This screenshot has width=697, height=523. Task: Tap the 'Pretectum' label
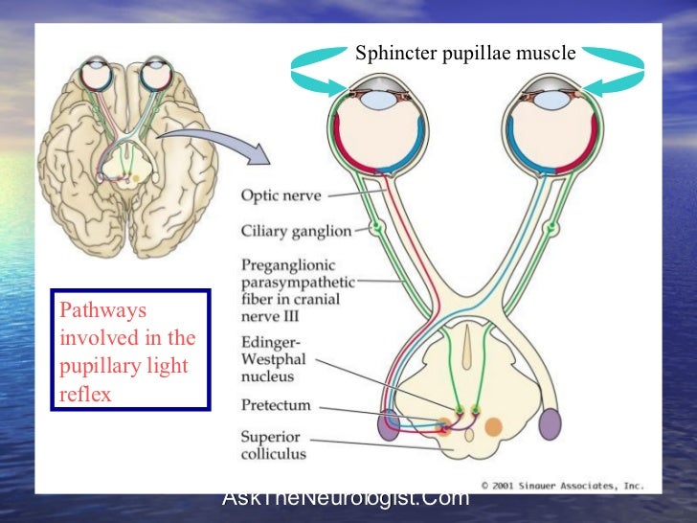(276, 406)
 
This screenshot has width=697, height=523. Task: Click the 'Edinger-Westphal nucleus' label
(272, 359)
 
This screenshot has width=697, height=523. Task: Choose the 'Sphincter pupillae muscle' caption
(465, 54)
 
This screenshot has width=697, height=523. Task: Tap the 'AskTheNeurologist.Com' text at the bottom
(346, 498)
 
